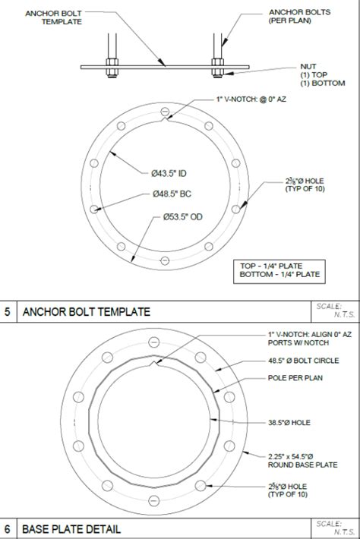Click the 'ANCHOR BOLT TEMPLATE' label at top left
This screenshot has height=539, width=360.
[x=52, y=17]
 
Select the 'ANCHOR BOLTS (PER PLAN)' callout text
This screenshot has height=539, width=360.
[x=293, y=17]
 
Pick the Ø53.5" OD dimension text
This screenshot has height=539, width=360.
[x=182, y=217]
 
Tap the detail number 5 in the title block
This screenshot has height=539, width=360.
[x=8, y=311]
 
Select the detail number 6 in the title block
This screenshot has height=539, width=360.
[x=8, y=528]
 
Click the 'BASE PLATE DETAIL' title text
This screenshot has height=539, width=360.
[x=71, y=528]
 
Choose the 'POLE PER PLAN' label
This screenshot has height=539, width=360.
[x=294, y=377]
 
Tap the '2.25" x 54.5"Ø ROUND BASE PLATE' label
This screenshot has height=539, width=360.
[x=302, y=460]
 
